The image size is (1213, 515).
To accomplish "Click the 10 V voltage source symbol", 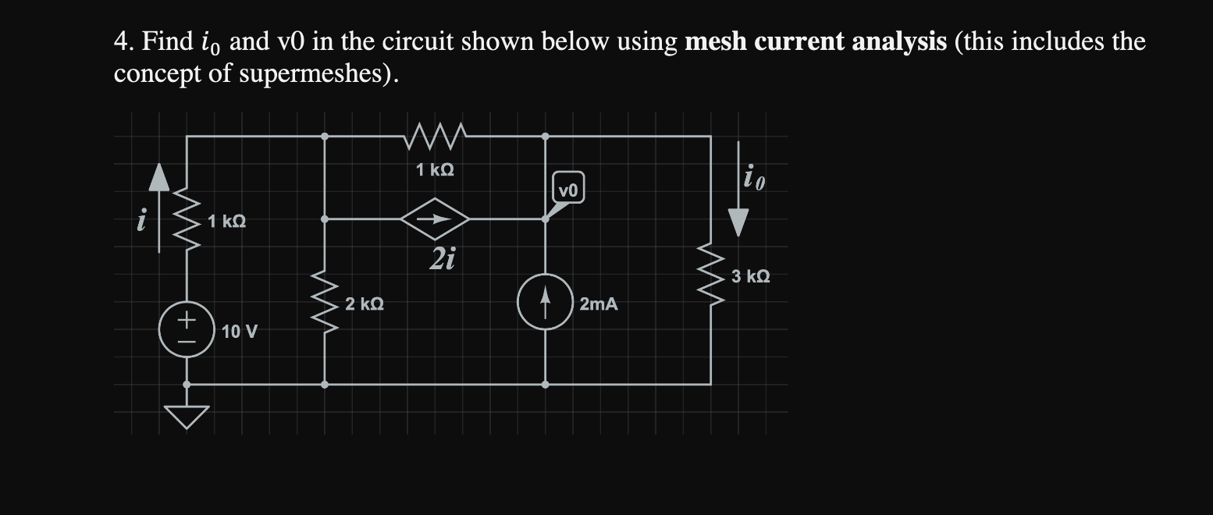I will [x=187, y=329].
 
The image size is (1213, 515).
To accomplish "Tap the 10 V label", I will [x=239, y=332].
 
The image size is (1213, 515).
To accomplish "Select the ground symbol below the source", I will [x=187, y=417].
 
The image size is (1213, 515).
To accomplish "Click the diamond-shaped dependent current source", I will [x=435, y=220].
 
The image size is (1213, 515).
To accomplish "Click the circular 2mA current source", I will [x=545, y=302].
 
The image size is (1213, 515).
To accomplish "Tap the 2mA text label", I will [x=599, y=304].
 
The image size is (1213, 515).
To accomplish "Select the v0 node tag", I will [x=568, y=190].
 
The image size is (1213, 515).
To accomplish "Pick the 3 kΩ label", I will [x=751, y=276].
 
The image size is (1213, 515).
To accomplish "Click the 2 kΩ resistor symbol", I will [x=325, y=302].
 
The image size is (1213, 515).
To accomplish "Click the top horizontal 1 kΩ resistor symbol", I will [x=436, y=137].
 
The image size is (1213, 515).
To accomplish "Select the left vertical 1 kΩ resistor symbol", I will [x=187, y=222].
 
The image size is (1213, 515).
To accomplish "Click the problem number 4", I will [x=121, y=41].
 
